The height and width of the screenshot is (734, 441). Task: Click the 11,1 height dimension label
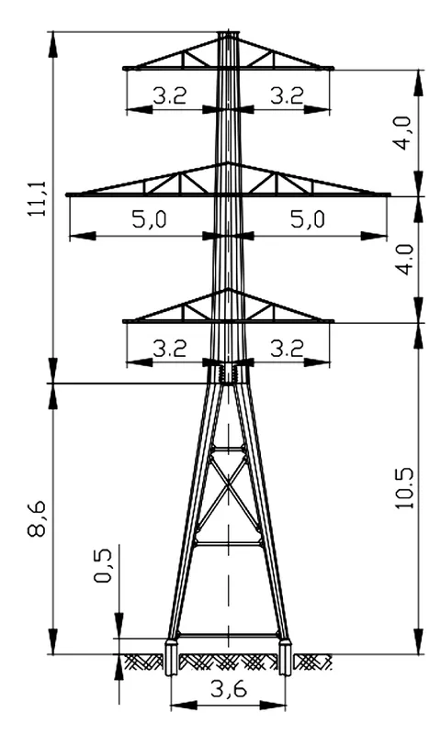pos(37,197)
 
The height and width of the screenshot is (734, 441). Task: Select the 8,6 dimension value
pos(37,517)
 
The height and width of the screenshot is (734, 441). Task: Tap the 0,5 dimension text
pos(103,565)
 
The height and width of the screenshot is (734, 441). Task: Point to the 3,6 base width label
pos(228,689)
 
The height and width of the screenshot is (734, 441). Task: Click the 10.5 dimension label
pos(404,488)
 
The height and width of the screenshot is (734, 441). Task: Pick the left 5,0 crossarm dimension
pos(149,219)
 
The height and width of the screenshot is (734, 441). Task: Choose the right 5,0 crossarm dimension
pos(308,219)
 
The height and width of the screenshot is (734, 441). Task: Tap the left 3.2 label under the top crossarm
pos(170,96)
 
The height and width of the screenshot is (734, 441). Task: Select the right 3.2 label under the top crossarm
pos(287,96)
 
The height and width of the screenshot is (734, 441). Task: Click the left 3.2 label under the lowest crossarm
pos(170,349)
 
